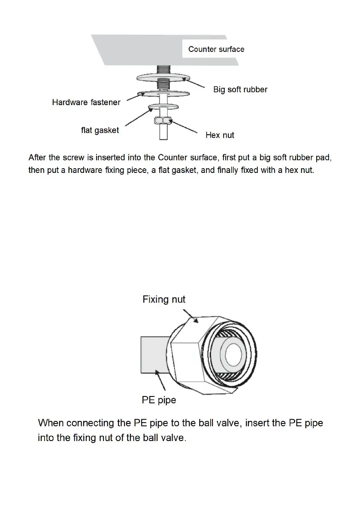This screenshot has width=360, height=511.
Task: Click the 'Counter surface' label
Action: (216, 49)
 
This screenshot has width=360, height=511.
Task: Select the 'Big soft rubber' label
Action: (240, 90)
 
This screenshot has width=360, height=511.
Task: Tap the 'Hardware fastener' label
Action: (86, 102)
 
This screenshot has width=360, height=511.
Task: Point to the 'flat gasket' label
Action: (100, 130)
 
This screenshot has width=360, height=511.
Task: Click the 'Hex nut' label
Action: (220, 135)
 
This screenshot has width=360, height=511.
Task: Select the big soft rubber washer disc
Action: (144, 78)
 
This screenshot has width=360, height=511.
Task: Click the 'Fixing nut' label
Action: (164, 299)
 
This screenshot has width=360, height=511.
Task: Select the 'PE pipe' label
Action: (159, 400)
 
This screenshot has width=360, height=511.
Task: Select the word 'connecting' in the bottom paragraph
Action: (91, 423)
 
